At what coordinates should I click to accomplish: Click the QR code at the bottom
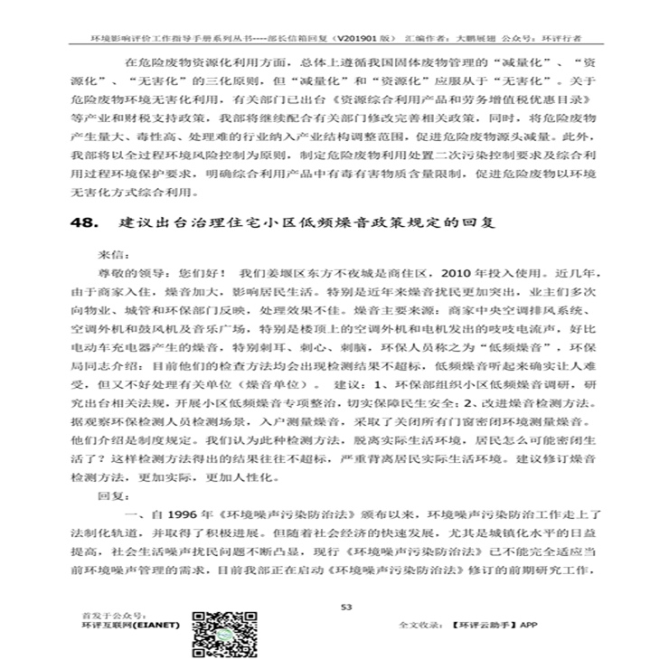[221, 636]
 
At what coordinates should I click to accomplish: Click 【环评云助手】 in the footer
[487, 625]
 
